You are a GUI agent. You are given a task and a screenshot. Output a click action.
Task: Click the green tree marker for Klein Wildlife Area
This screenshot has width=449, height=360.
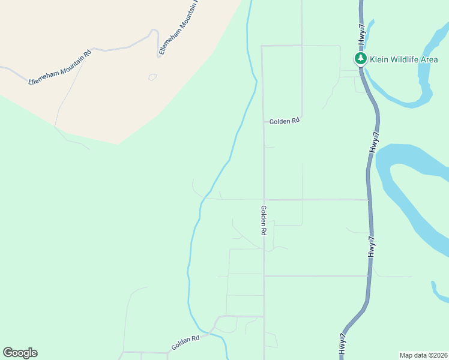point(361,59)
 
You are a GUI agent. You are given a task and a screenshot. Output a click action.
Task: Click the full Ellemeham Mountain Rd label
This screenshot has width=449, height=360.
point(60,67)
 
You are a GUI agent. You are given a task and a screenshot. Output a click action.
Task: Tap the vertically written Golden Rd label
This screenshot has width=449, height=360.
point(263,220)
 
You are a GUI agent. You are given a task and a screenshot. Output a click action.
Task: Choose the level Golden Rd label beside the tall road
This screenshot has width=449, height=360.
point(284,121)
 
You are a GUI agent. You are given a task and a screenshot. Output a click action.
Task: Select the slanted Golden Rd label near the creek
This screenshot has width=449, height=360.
point(185,343)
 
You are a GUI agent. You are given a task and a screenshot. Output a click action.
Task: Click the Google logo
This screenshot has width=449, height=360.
point(20,353)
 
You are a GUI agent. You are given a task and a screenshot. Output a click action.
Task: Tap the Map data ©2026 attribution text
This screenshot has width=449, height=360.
point(424,355)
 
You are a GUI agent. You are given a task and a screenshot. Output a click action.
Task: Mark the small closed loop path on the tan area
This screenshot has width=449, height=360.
point(152,77)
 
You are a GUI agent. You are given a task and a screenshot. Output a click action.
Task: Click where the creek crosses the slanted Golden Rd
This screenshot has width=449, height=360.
point(211,332)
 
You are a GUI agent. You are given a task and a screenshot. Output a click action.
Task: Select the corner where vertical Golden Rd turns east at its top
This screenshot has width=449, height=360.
point(262,46)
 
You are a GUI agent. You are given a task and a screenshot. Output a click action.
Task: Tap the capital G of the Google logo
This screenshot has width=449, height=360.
point(8,353)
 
